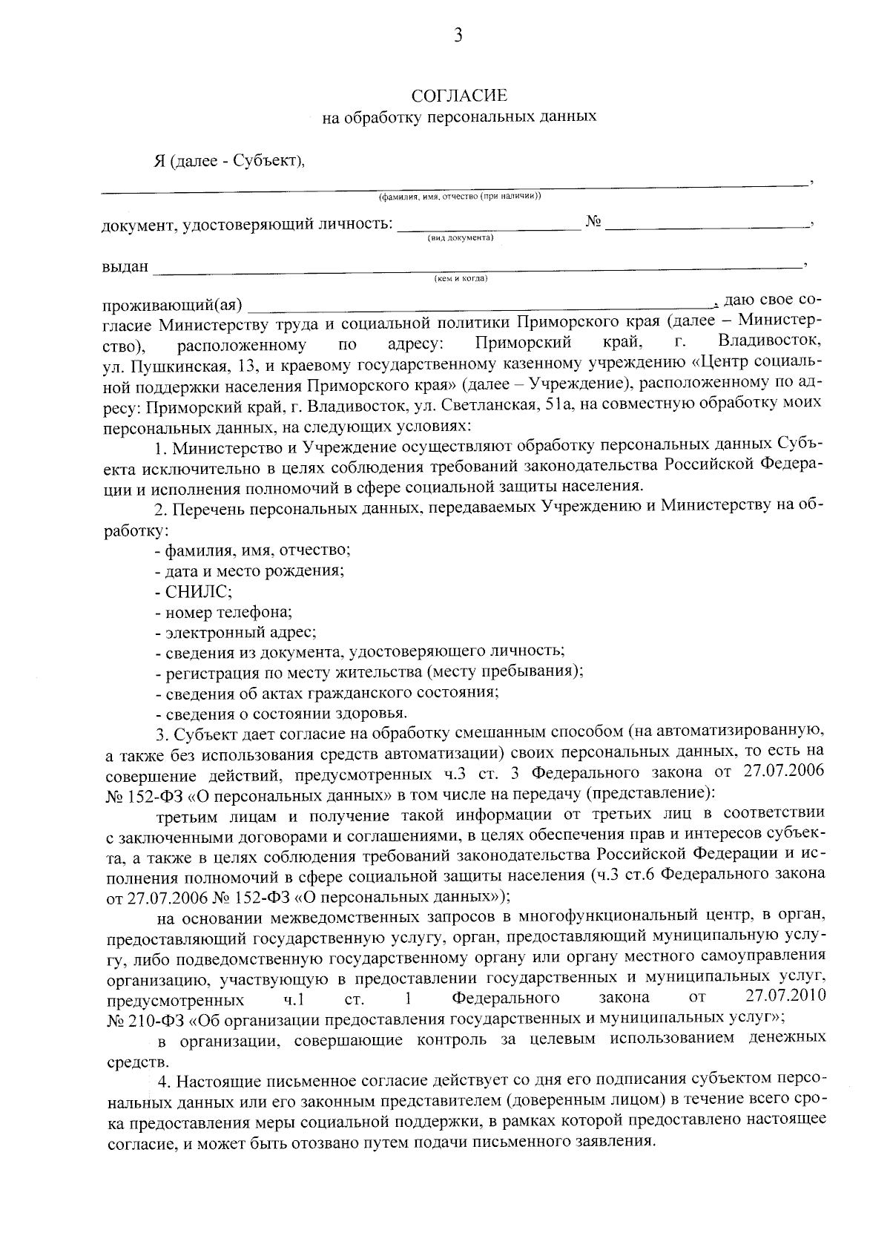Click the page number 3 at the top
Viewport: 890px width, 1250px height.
coord(458,35)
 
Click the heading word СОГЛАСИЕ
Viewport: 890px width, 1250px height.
coord(459,96)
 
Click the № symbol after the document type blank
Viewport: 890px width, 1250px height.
coord(593,223)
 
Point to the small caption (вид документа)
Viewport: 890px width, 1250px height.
coord(460,238)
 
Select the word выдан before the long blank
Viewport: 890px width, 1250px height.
coord(125,266)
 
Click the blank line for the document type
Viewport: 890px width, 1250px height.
coord(489,229)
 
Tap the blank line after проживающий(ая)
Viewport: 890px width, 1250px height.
coord(482,306)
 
